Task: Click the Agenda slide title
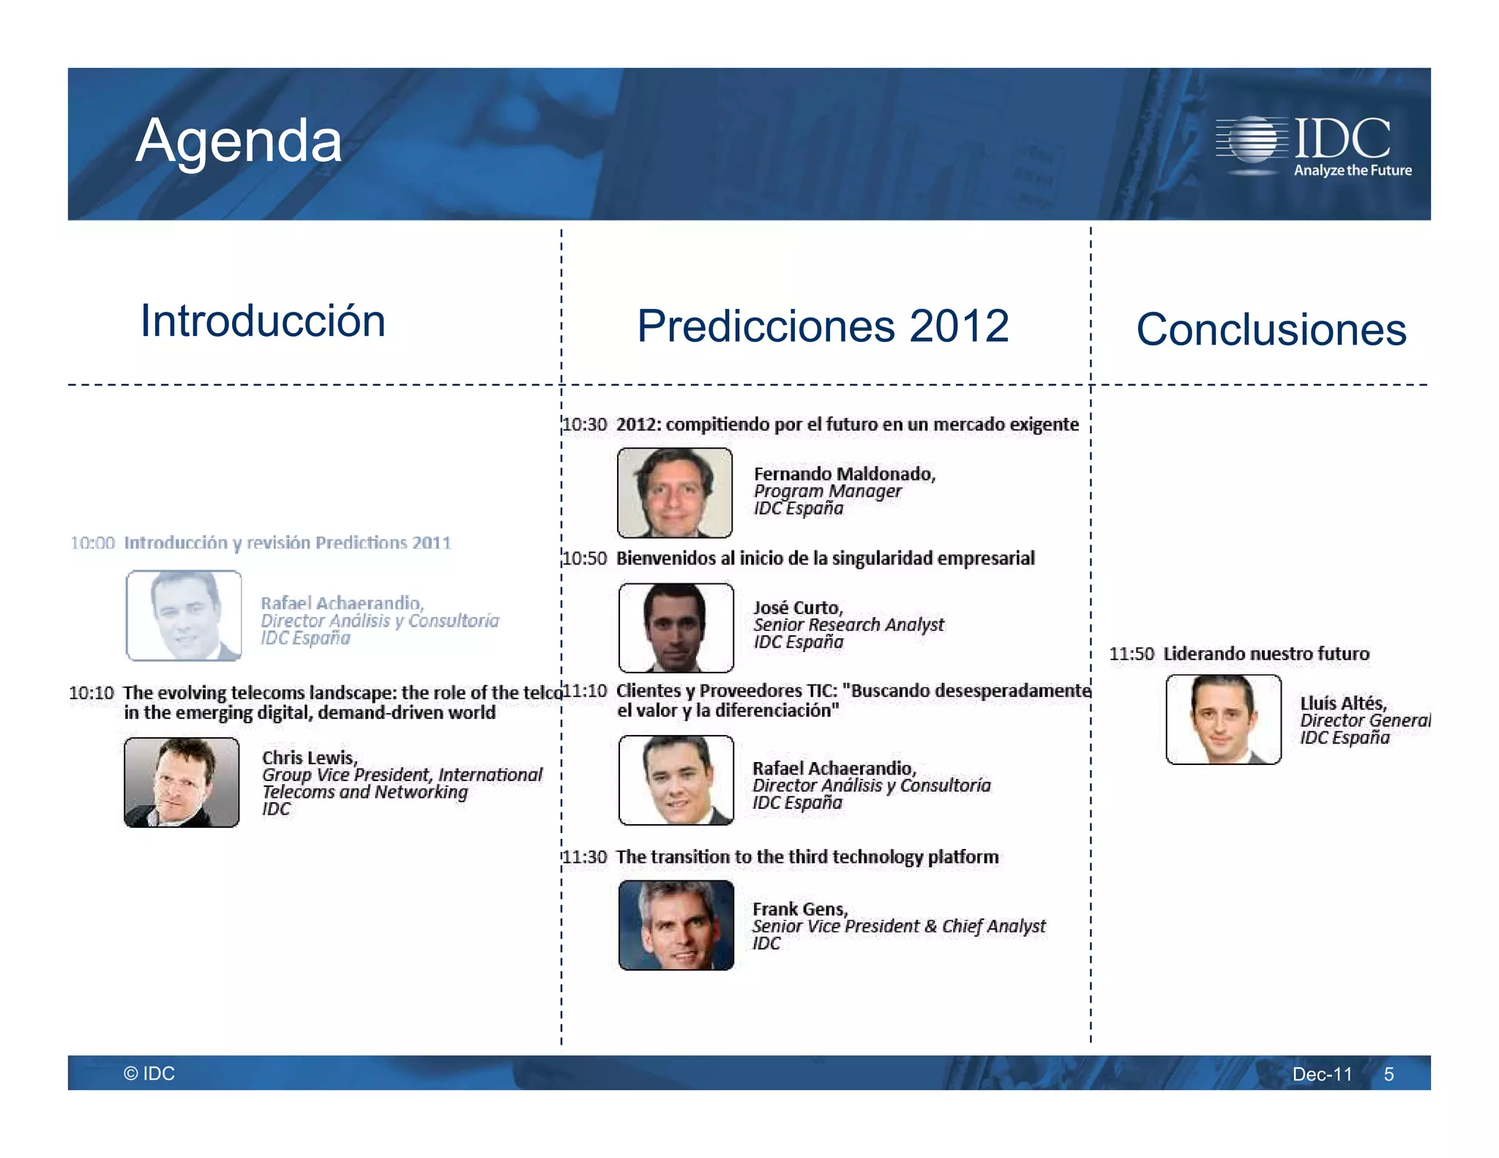tap(239, 141)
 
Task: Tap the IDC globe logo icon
tap(1252, 139)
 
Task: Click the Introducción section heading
tap(263, 321)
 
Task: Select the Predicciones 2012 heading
tap(823, 326)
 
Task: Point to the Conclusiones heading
tap(1271, 329)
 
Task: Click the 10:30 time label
tap(585, 425)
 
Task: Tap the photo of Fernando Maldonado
tap(674, 493)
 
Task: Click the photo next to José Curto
tap(676, 627)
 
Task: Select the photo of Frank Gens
tap(676, 925)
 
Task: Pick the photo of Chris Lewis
tap(182, 782)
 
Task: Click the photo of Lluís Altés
tap(1223, 720)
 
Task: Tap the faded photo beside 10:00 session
tap(184, 616)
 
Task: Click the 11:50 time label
tap(1131, 654)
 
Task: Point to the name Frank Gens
tap(799, 909)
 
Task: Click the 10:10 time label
tap(91, 692)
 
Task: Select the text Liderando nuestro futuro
tap(1266, 654)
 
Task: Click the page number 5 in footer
tap(1388, 1075)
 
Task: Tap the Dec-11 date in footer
tap(1322, 1075)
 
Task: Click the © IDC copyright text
tap(149, 1074)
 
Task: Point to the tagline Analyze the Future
tap(1353, 171)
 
